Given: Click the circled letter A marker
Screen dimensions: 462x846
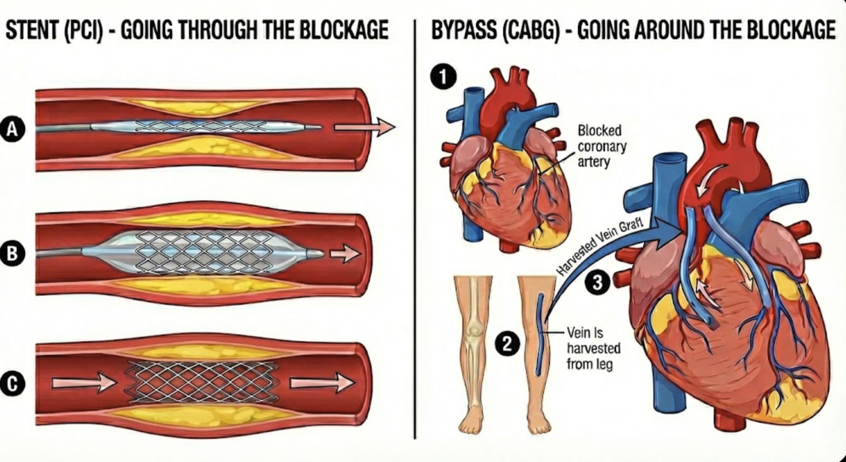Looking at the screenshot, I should pos(12,129).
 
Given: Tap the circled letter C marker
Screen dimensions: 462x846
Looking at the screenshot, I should pos(12,384).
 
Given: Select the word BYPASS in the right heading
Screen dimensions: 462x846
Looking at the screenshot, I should pos(464,30).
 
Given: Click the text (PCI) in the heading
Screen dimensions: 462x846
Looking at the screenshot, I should pos(84,30).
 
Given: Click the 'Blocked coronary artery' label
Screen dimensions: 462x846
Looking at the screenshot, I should pos(602,146).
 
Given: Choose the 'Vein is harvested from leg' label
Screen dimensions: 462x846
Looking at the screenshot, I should pos(593,348).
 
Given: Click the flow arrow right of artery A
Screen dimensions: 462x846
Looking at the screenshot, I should pos(365,127).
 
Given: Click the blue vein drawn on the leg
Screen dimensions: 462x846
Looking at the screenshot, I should pos(540,335).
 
